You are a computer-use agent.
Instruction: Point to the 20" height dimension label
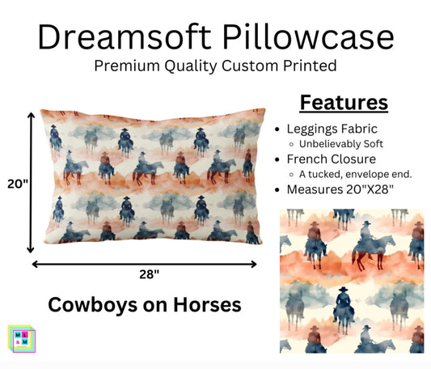click(x=16, y=184)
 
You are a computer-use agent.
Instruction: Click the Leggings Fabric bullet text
click(x=331, y=129)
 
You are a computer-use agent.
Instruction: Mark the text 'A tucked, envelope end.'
click(x=357, y=175)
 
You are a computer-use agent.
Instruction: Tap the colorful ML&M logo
click(x=21, y=338)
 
